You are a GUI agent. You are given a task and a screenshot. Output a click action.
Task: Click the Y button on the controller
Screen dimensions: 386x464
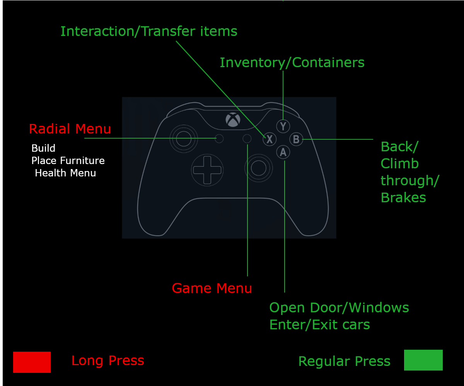tap(283, 126)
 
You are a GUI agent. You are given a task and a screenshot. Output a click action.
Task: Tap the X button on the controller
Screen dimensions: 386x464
tap(270, 139)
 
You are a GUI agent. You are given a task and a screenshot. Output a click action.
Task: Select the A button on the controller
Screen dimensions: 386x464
tap(283, 152)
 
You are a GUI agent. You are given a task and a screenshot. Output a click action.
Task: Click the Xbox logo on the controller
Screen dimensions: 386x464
tap(233, 120)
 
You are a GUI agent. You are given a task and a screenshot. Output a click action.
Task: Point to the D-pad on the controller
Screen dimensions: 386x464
tap(207, 170)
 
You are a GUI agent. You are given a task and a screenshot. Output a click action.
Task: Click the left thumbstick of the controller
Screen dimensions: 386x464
tap(184, 138)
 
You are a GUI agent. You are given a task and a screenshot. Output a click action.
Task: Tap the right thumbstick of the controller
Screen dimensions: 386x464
tap(258, 168)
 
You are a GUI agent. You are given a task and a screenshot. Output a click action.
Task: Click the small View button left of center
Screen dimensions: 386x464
tap(219, 139)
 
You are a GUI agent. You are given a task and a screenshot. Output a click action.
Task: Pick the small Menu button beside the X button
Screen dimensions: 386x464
tap(247, 139)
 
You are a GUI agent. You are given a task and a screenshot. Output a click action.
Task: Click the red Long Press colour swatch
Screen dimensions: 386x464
tap(32, 362)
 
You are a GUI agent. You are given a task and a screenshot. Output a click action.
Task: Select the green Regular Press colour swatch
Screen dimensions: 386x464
tap(423, 360)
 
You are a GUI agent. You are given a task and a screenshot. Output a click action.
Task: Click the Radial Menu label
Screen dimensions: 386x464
tap(70, 129)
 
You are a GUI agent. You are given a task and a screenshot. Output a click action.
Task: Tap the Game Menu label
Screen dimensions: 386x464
tap(212, 288)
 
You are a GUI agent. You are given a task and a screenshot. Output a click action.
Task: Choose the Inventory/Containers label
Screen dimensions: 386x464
tap(292, 63)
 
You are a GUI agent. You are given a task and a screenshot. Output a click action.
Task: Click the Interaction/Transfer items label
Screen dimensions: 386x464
tap(149, 31)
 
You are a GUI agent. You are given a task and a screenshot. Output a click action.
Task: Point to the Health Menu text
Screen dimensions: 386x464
tap(65, 173)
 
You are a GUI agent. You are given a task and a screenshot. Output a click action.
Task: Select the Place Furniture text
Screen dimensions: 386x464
tap(68, 161)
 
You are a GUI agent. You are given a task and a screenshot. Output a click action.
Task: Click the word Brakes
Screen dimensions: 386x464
tap(403, 198)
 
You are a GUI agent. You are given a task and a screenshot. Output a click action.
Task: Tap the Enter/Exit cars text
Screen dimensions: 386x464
tap(319, 325)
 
